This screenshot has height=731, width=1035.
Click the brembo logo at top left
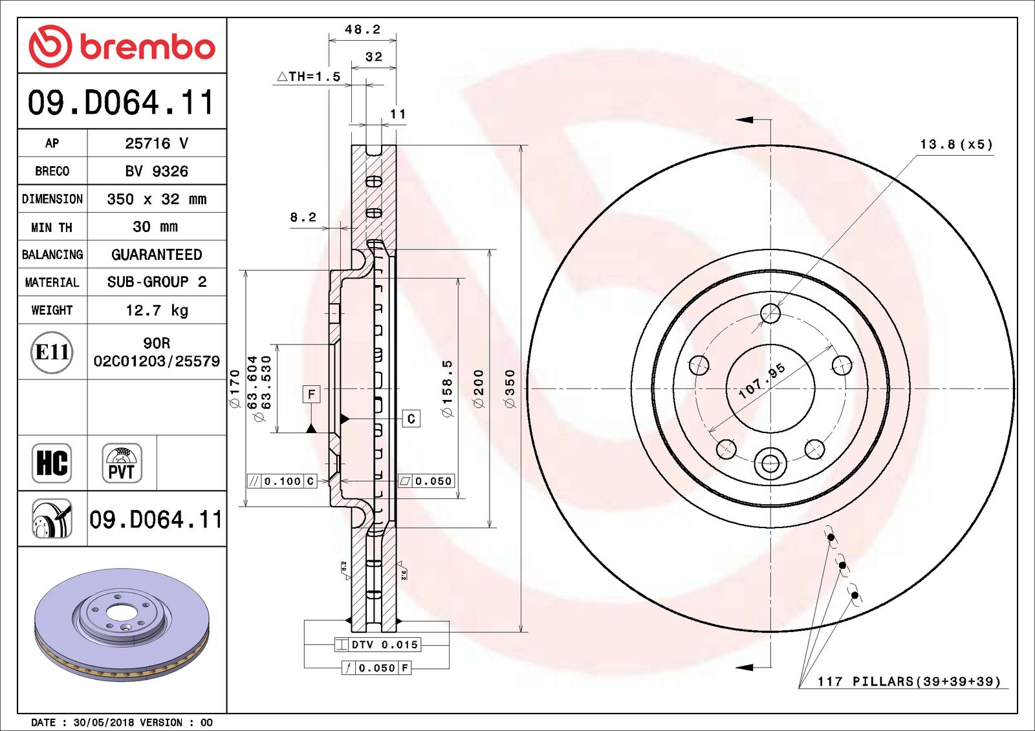coord(122,46)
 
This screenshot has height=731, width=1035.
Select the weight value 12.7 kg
coord(157,310)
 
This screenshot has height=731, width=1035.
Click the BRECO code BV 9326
coord(157,171)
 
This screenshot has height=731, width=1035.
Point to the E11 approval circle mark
coord(52,352)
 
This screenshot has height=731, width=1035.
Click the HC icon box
coord(52,463)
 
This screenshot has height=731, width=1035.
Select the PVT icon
coord(122,463)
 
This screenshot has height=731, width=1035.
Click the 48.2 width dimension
coord(362,30)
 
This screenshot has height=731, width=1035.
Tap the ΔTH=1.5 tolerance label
coord(309,77)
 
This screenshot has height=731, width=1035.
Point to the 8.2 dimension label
coord(303,217)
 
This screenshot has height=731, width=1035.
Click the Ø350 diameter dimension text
coord(510,388)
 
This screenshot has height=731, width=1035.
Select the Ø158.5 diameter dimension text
coord(447,388)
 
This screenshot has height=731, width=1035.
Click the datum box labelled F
coord(312,394)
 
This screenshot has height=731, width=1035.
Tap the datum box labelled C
coord(411,419)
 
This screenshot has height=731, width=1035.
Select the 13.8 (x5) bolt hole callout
coord(956,145)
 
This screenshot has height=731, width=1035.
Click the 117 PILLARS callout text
coord(908,681)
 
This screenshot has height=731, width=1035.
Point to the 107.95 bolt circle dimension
coord(762,381)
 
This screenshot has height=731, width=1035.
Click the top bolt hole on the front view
coord(770,313)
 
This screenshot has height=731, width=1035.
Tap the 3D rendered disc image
coord(122,624)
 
